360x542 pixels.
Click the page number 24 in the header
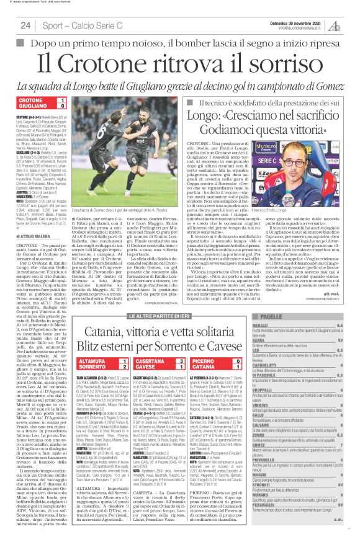(x=25, y=25)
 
